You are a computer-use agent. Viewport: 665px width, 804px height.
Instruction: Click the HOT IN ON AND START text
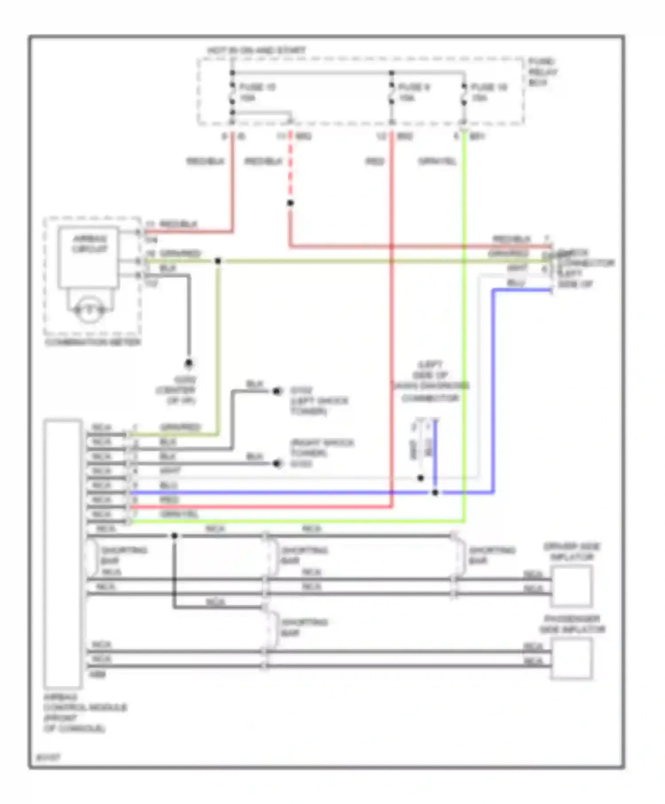(256, 51)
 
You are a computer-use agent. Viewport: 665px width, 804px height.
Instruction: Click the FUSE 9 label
(413, 87)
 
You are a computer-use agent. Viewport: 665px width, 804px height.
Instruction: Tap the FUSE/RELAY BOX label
(543, 72)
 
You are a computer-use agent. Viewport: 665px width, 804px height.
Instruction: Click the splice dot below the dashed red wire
(290, 203)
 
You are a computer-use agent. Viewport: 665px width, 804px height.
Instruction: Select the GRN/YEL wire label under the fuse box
(437, 161)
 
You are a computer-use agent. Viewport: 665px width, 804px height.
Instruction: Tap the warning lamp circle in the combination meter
(89, 309)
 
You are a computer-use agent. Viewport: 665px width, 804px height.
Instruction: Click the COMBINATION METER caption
(93, 342)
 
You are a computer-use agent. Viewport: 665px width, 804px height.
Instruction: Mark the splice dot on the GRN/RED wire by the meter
(218, 261)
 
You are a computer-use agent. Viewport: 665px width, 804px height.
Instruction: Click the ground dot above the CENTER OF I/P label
(189, 363)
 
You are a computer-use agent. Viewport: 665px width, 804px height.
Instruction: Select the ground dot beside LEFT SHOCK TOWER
(277, 391)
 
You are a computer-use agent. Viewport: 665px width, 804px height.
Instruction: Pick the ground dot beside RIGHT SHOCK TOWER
(277, 464)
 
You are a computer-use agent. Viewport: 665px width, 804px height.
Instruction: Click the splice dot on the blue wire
(435, 492)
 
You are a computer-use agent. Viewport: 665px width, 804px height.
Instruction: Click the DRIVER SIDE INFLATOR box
(571, 586)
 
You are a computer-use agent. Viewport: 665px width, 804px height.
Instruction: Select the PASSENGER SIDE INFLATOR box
(571, 658)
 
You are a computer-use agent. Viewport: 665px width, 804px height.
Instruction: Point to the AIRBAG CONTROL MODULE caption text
(84, 712)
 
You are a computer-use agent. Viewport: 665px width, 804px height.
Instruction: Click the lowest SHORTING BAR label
(304, 628)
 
